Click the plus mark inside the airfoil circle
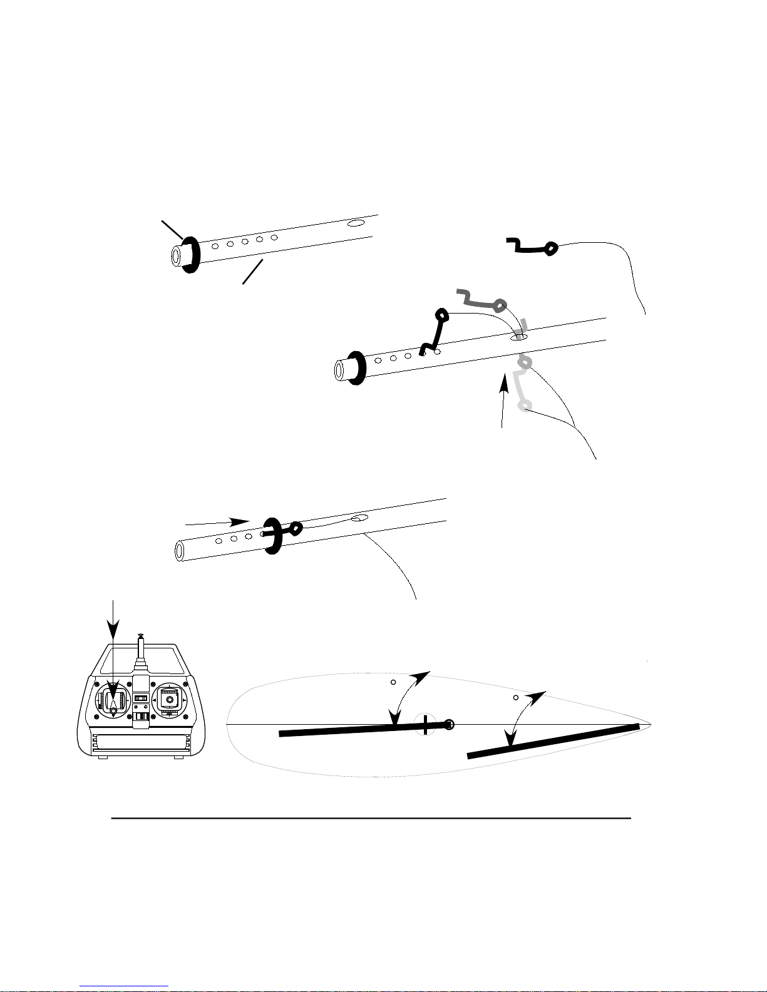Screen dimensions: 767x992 tap(426, 726)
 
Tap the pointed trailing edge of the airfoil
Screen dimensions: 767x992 tap(650, 725)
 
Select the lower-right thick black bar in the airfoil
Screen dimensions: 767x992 tap(553, 741)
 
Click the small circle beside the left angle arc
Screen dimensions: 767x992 tap(393, 682)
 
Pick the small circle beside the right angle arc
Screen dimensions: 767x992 tap(515, 697)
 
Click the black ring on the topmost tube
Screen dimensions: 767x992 tap(192, 254)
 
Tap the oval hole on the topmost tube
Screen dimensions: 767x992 tap(356, 223)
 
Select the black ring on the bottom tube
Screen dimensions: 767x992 tap(272, 536)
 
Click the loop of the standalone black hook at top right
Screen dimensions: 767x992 tap(550, 248)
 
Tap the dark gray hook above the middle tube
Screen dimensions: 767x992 tap(482, 300)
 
